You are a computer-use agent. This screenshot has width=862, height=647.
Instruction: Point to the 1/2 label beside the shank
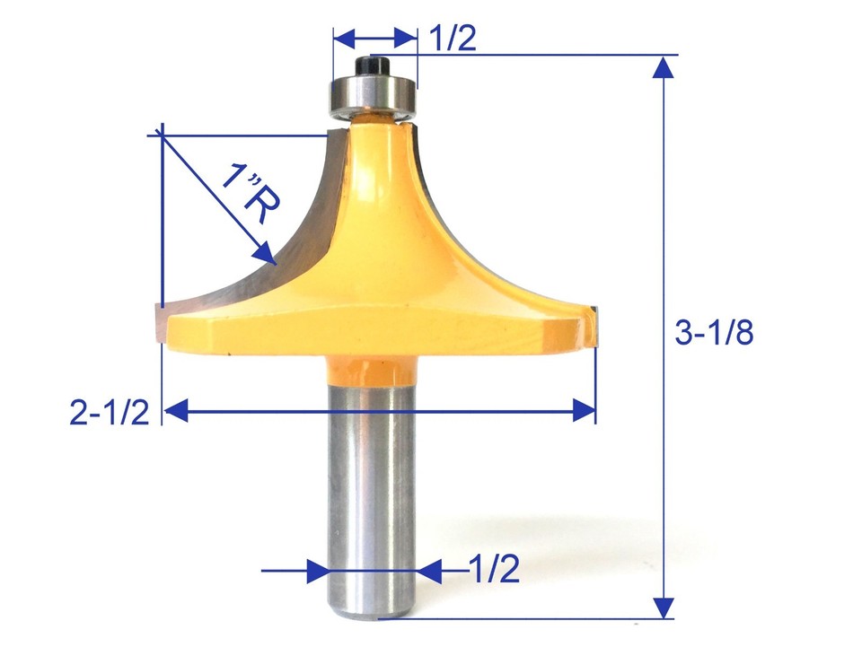coord(494,570)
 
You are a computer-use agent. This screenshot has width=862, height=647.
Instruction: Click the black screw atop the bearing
coord(373,67)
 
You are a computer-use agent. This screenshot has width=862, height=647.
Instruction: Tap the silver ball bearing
coord(373,92)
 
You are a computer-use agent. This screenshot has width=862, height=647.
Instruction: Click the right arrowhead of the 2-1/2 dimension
coord(584,411)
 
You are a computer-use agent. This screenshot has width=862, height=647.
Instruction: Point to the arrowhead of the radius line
coord(266,255)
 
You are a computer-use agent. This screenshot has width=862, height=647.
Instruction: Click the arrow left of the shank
coord(314,571)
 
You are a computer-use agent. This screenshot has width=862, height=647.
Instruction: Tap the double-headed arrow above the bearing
coord(375,39)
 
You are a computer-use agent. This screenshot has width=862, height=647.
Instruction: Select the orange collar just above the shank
coord(371,369)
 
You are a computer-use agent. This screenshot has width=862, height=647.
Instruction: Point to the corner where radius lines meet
coord(161,133)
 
